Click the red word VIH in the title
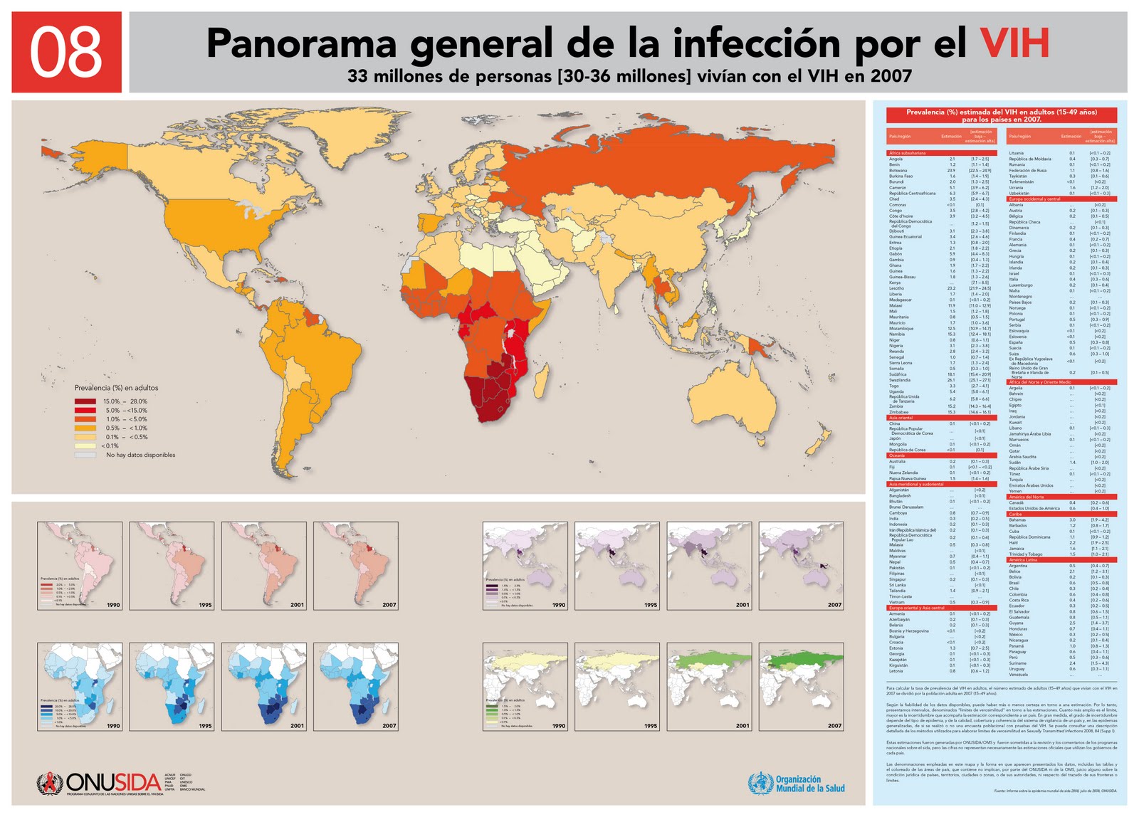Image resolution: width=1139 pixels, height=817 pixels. [1014, 43]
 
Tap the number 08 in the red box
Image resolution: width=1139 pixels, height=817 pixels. [66, 53]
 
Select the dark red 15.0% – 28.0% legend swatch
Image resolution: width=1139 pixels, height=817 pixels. [85, 401]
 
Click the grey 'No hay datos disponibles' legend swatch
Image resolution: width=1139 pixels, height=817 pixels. [85, 455]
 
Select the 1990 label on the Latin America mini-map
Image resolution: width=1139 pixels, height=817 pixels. [113, 605]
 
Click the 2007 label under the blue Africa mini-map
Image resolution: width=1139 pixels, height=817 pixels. [389, 726]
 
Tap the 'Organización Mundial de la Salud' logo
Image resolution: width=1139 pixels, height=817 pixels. [797, 784]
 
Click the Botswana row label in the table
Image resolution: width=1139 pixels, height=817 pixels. [898, 171]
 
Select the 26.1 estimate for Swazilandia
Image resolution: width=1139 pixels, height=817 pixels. [951, 380]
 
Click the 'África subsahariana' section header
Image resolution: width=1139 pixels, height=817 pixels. [907, 153]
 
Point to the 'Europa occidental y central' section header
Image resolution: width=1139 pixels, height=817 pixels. [1034, 199]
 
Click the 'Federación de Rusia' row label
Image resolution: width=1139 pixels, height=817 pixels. [1027, 171]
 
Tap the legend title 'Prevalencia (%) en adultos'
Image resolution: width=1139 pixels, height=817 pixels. [116, 388]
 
